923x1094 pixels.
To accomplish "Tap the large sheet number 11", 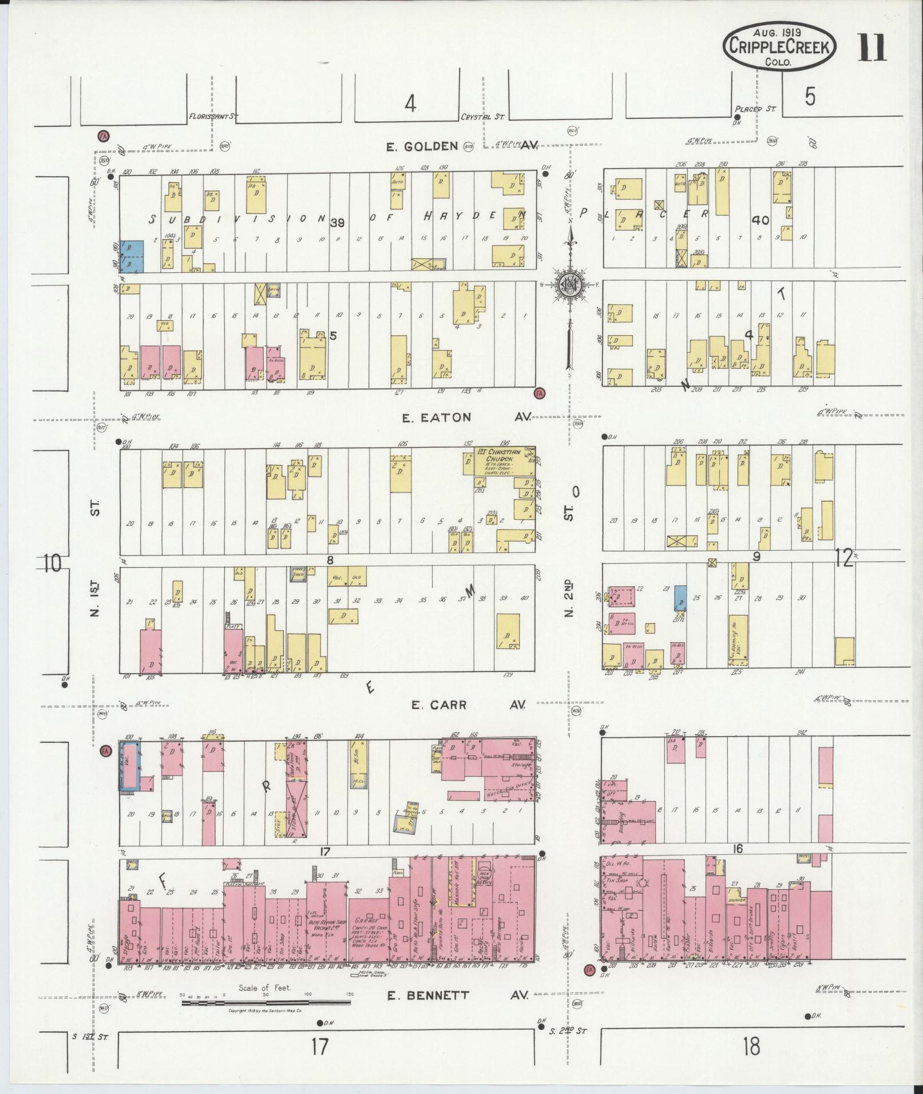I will click(x=871, y=47).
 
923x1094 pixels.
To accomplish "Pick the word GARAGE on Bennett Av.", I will click(x=367, y=922).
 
